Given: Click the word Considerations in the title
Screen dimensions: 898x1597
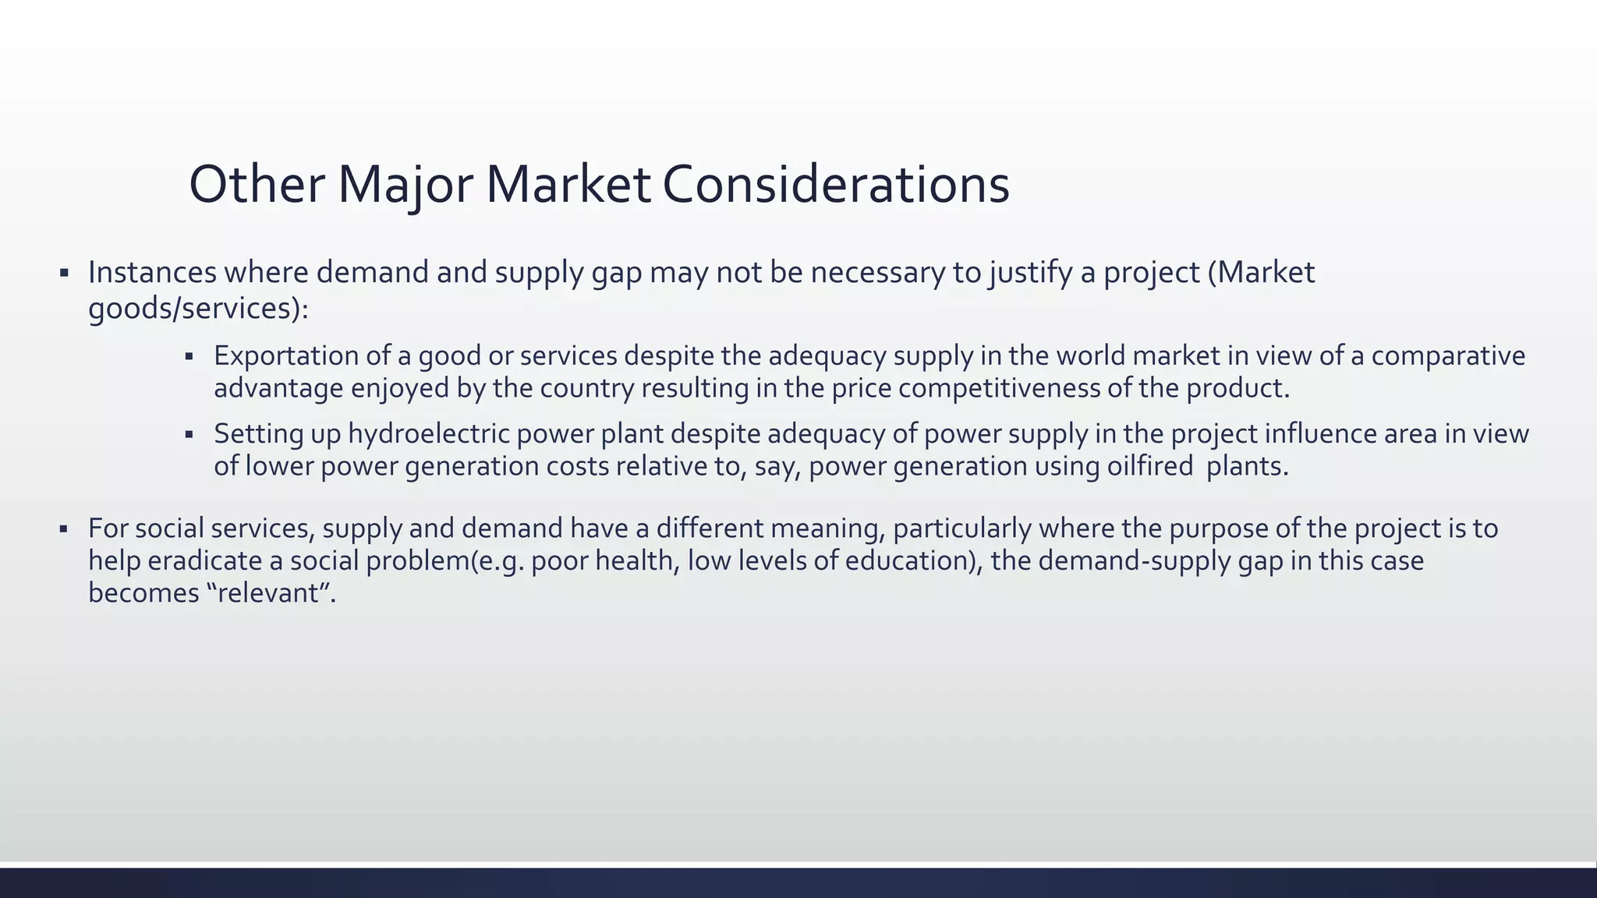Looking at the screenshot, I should coord(836,185).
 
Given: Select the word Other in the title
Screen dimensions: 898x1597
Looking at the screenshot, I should coord(257,185).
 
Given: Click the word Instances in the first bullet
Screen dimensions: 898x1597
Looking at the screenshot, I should coord(152,272).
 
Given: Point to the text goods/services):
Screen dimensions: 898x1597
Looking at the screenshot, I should coord(198,309).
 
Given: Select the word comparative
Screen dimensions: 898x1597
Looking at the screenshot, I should coord(1448,355).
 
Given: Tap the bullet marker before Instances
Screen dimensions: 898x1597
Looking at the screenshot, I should coord(64,274).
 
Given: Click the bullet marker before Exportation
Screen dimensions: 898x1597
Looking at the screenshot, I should coord(189,357).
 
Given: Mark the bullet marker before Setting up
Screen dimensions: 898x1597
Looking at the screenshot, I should coord(189,435).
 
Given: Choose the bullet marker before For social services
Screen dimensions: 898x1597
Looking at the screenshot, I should coord(64,529).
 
